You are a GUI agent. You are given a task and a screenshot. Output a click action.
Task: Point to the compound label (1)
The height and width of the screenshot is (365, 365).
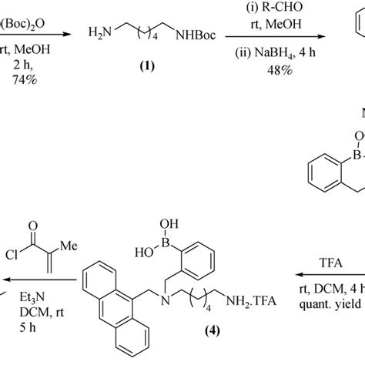144,66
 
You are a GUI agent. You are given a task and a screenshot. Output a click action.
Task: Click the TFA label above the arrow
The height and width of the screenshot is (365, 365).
328,262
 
